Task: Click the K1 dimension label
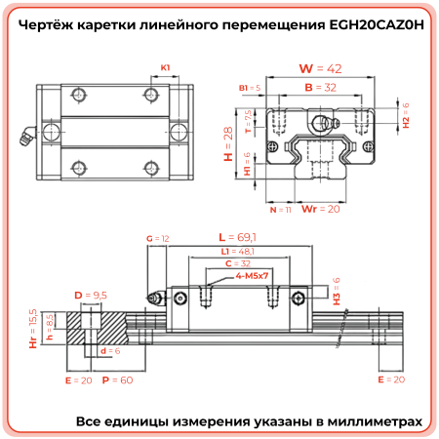[166, 67]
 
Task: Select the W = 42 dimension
[321, 68]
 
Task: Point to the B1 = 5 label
[250, 88]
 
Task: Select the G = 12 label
[157, 238]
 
